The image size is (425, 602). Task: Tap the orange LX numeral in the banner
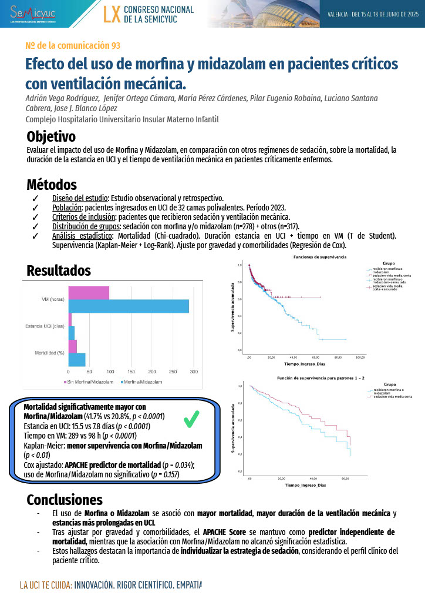pos(112,15)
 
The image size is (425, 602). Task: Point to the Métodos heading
pos(52,185)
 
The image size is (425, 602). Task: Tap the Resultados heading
pos(59,270)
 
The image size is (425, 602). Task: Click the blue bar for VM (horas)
pos(129,306)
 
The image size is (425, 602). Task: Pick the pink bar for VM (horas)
pos(89,292)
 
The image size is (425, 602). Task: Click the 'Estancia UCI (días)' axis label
pos(45,326)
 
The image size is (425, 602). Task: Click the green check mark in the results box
pos(191,419)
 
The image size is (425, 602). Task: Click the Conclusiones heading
pos(65,500)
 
